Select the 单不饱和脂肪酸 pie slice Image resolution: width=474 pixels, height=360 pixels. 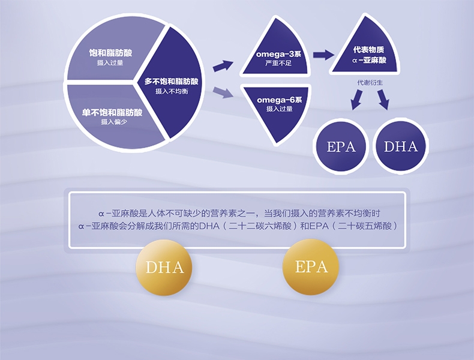tap(111, 117)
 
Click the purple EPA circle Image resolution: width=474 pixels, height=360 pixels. tap(341, 146)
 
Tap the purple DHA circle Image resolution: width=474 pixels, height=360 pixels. tap(400, 146)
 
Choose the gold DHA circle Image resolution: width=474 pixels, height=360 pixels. tap(164, 266)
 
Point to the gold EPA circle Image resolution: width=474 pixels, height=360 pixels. tap(311, 266)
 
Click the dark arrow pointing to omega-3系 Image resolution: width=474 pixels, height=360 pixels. tap(223, 65)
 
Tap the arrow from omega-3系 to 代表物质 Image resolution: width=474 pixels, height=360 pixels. tap(323, 55)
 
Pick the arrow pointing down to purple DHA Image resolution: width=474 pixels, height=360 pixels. tap(383, 101)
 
